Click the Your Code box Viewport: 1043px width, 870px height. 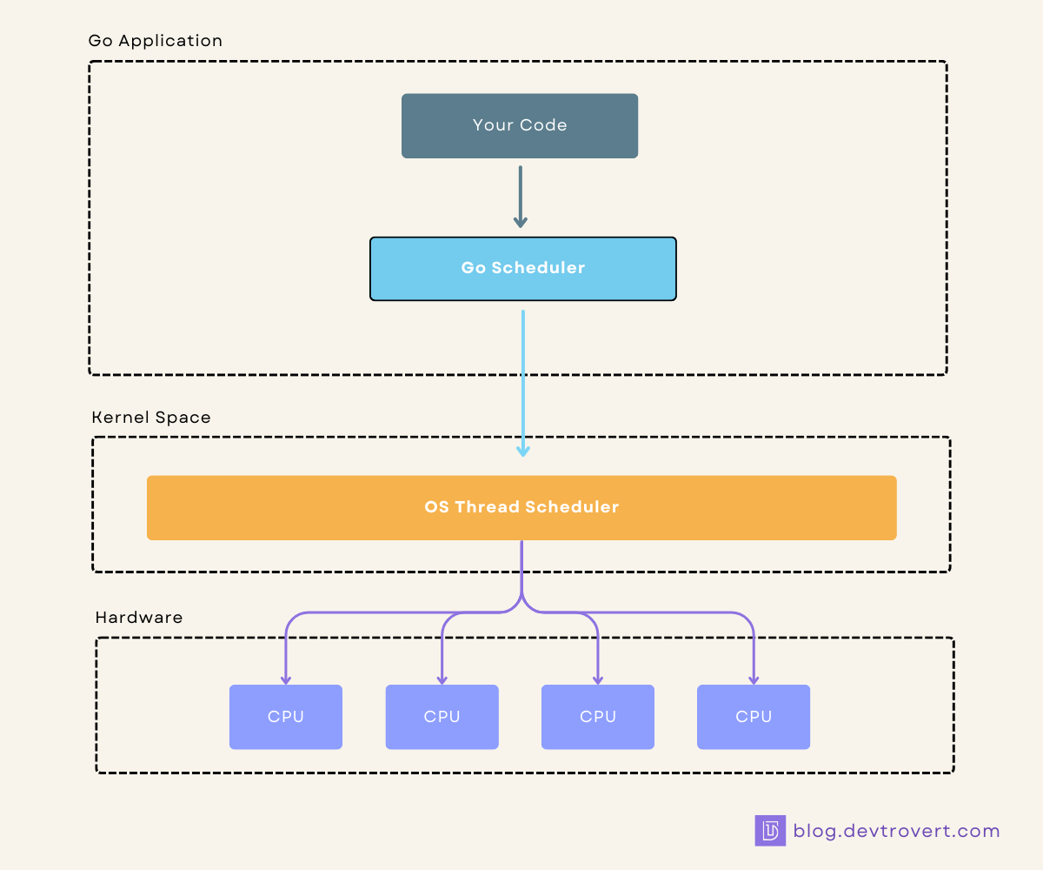520,126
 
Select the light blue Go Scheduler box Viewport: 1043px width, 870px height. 522,269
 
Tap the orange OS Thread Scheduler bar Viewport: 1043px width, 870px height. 521,507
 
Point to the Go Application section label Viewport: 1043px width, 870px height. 156,41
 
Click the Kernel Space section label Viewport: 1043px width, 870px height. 151,418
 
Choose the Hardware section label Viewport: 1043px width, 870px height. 139,618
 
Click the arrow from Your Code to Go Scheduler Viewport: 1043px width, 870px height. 520,196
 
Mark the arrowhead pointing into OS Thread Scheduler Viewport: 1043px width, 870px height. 522,451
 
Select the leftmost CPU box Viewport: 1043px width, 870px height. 285,717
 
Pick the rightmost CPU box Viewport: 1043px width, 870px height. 753,717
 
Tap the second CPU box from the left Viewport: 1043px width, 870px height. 442,717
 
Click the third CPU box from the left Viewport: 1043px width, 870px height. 597,717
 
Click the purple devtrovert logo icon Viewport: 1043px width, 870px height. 770,831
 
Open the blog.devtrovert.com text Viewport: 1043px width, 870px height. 896,831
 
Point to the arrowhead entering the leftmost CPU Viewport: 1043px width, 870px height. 285,679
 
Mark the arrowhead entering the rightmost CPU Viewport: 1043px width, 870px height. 753,679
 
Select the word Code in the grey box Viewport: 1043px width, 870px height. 544,125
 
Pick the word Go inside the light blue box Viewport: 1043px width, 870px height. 473,268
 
